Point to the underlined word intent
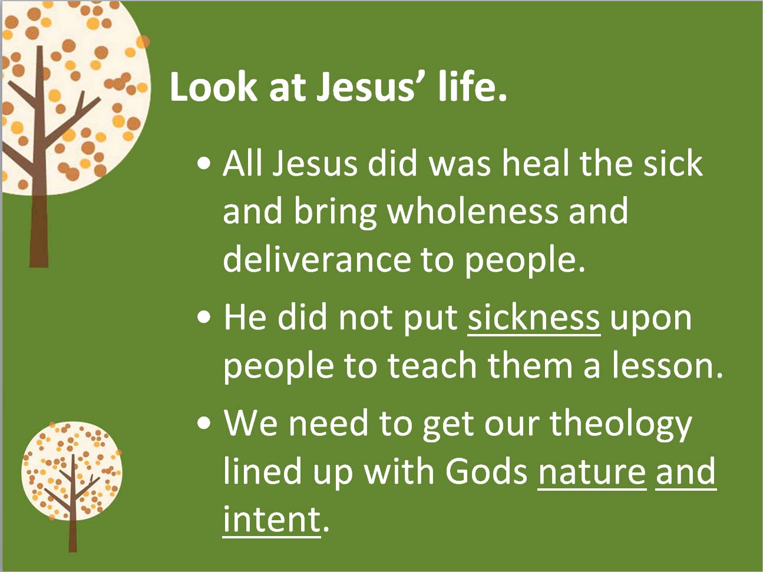271,520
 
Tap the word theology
621,426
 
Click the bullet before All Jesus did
204,164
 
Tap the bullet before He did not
204,318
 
